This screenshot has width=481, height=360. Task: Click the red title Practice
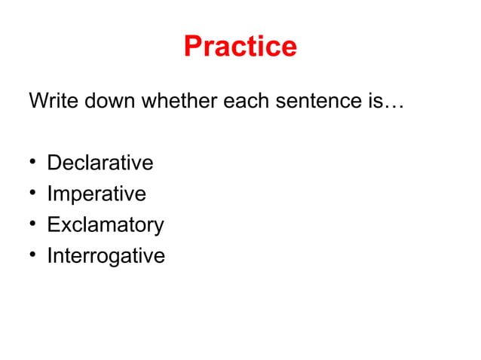(x=240, y=47)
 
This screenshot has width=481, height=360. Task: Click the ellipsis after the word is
(x=394, y=105)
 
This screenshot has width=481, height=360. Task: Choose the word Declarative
(x=100, y=163)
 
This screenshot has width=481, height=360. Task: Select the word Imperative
(x=97, y=194)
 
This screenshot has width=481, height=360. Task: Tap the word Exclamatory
(x=105, y=225)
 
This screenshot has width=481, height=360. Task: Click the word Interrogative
(x=106, y=256)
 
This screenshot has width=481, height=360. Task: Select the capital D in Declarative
(x=54, y=163)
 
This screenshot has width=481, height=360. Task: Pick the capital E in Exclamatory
(x=54, y=225)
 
